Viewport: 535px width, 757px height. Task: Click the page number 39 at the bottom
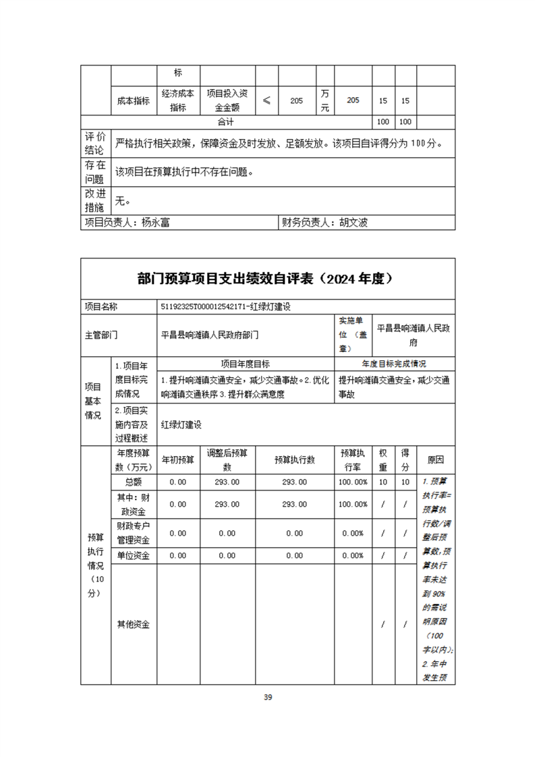click(x=268, y=697)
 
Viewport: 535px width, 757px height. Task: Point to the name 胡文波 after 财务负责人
click(x=353, y=222)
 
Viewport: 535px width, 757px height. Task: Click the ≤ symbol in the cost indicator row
click(x=267, y=101)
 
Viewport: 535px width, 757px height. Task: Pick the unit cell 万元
click(x=325, y=101)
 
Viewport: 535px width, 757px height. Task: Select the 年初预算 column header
click(x=178, y=460)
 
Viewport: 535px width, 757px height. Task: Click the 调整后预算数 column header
click(x=227, y=460)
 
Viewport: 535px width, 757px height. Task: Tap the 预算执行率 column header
click(x=353, y=460)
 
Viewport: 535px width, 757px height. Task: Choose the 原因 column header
click(x=436, y=460)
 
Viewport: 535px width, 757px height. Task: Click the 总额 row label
click(x=134, y=482)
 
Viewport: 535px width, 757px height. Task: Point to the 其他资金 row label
click(x=134, y=624)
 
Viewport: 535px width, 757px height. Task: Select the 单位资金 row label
click(x=134, y=555)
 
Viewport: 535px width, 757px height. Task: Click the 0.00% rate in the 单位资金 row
click(x=353, y=555)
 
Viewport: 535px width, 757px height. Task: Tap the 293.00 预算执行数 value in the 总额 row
click(x=294, y=482)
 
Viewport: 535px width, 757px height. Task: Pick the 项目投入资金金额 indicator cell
click(x=227, y=101)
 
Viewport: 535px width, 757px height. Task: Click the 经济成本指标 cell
click(x=178, y=101)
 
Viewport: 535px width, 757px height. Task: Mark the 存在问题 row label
click(x=94, y=172)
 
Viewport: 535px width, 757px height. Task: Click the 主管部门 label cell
click(x=101, y=334)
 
